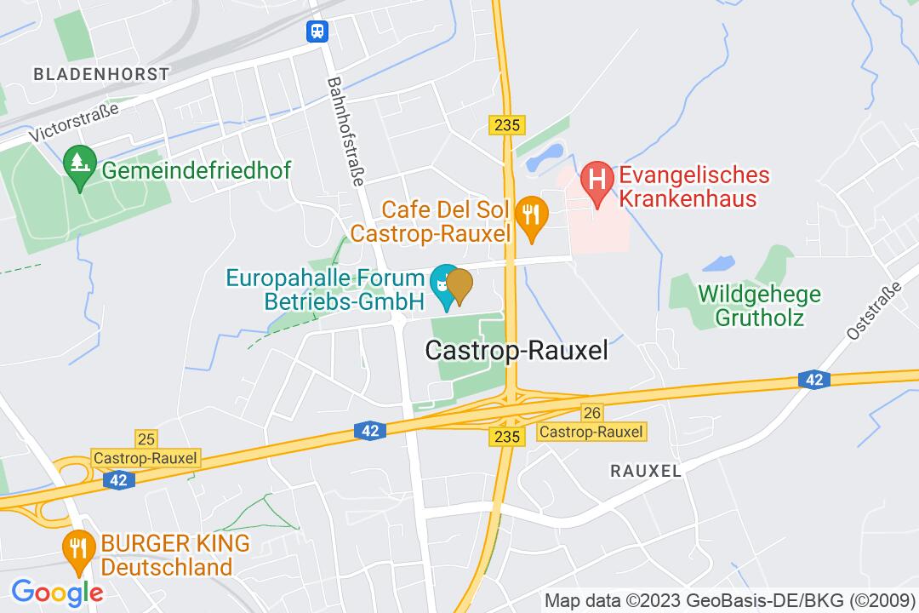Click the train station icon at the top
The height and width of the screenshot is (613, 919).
318,32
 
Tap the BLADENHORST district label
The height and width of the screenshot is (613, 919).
101,74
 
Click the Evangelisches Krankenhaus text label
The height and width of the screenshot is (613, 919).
694,187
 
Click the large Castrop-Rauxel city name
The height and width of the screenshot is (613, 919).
517,352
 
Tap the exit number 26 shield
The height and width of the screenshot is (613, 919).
592,413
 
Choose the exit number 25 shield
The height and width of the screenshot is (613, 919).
146,438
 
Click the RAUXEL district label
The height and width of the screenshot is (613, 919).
646,471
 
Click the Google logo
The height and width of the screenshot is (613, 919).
57,592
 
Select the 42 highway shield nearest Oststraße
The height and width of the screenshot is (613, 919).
813,381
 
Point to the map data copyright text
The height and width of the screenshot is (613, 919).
729,599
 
